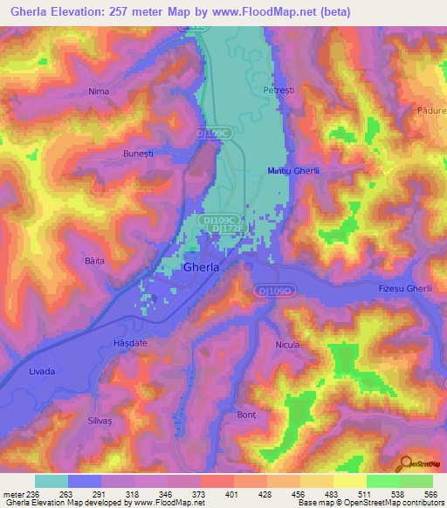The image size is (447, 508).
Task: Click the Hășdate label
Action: click(132, 343)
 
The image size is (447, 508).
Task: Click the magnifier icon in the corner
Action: click(404, 463)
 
